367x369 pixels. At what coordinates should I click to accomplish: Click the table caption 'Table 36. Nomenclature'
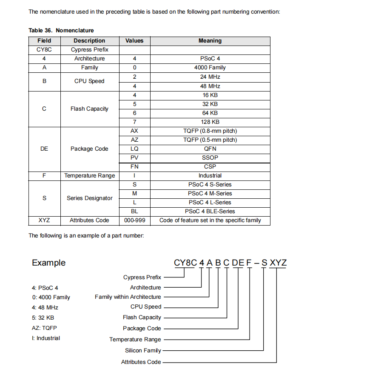tap(61, 30)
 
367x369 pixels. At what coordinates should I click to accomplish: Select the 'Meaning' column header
tap(210, 41)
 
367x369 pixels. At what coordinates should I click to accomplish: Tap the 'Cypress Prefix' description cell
tap(89, 50)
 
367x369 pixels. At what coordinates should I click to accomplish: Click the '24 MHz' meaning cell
tap(210, 77)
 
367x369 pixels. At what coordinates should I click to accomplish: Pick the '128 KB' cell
tap(210, 122)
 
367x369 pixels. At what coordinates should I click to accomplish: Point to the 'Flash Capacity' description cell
tap(89, 109)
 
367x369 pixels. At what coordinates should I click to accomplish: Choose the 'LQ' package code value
tap(134, 149)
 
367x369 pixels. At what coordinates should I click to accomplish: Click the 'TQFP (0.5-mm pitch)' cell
tap(210, 140)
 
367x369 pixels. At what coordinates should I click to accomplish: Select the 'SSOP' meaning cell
tap(210, 158)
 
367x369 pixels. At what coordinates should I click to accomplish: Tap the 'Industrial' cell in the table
tap(210, 176)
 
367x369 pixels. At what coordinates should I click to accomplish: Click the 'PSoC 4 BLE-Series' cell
tap(210, 212)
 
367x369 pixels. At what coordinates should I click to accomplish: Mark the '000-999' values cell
tap(134, 220)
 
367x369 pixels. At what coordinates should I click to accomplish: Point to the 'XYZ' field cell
tap(44, 220)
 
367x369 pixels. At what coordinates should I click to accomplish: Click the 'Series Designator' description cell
tap(89, 198)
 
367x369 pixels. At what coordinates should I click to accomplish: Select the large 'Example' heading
tap(49, 263)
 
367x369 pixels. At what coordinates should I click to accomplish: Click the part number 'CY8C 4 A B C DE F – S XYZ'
tap(230, 263)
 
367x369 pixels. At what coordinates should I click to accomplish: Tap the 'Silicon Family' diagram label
tap(143, 351)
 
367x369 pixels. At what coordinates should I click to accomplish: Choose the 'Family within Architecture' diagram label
tap(128, 297)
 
